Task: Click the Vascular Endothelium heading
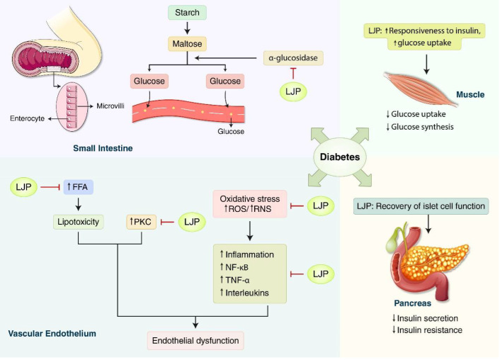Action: coord(52,333)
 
